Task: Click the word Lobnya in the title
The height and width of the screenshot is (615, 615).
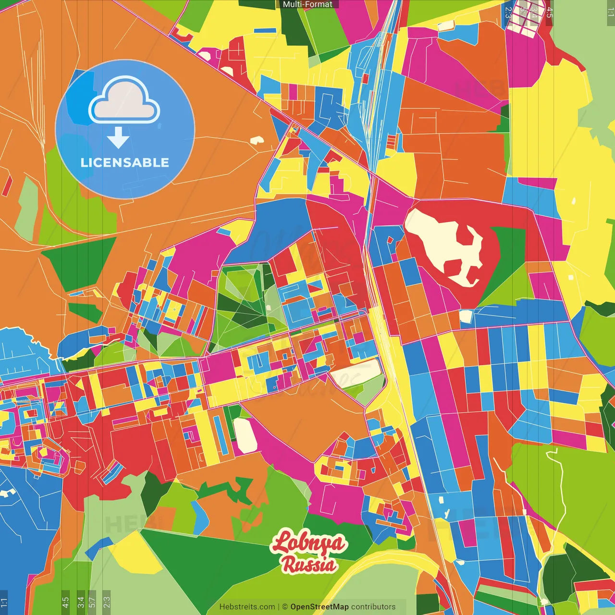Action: tap(307, 542)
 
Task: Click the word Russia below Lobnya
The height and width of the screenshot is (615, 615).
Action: tap(308, 565)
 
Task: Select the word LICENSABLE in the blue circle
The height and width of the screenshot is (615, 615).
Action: tap(125, 162)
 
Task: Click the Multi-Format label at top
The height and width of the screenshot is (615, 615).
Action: tap(307, 4)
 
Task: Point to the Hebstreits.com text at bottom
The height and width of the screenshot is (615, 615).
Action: tap(247, 607)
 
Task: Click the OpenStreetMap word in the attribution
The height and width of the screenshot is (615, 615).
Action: tap(319, 607)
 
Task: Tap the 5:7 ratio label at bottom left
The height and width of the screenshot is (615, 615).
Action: tap(92, 601)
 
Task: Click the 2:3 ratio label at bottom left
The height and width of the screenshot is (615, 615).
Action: tap(107, 601)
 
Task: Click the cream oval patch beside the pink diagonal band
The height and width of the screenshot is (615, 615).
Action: tap(245, 435)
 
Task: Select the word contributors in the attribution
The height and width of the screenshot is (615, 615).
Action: tap(373, 607)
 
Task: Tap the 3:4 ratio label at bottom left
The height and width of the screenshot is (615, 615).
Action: tap(81, 601)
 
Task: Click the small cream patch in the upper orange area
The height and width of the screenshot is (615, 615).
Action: tap(257, 140)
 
